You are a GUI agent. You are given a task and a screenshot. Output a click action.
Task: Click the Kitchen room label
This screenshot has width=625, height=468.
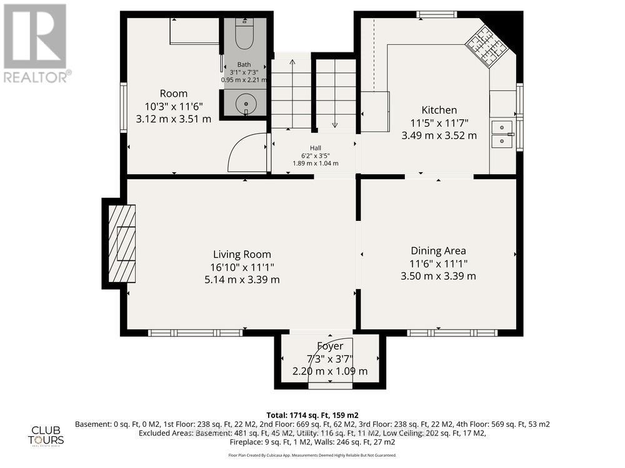click(439, 110)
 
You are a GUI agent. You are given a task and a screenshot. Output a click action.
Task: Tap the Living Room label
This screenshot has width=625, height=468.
click(242, 254)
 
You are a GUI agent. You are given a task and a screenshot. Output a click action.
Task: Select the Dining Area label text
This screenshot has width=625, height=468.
click(438, 251)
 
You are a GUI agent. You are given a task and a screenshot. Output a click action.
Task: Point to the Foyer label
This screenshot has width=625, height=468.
click(330, 346)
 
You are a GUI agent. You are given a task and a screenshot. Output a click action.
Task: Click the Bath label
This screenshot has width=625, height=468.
click(244, 65)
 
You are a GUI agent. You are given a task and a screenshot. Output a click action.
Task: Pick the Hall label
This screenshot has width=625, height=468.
click(316, 148)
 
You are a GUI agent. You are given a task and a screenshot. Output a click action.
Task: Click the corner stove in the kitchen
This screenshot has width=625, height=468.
click(485, 45)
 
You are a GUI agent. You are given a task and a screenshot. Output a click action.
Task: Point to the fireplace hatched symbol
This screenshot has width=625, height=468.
click(122, 242)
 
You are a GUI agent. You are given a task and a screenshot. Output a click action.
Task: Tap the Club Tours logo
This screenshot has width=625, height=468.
click(47, 435)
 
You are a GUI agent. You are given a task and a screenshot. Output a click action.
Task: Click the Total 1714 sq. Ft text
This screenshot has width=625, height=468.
click(312, 415)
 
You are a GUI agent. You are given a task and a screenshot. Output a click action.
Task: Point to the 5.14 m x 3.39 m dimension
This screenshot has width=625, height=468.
click(242, 280)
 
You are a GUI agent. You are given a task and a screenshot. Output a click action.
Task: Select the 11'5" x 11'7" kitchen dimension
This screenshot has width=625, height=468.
click(439, 123)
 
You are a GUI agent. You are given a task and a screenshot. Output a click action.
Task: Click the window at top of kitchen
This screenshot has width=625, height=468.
click(437, 14)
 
